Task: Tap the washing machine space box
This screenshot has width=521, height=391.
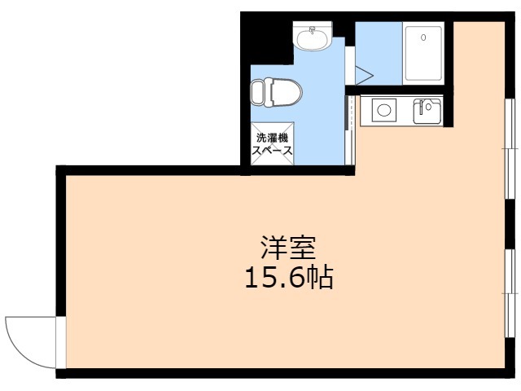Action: (x=272, y=145)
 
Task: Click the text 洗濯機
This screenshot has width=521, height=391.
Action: (x=272, y=138)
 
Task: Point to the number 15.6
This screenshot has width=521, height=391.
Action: (x=273, y=279)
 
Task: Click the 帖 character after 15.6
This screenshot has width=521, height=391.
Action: (x=320, y=279)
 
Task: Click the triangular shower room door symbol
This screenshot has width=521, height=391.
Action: (x=363, y=74)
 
